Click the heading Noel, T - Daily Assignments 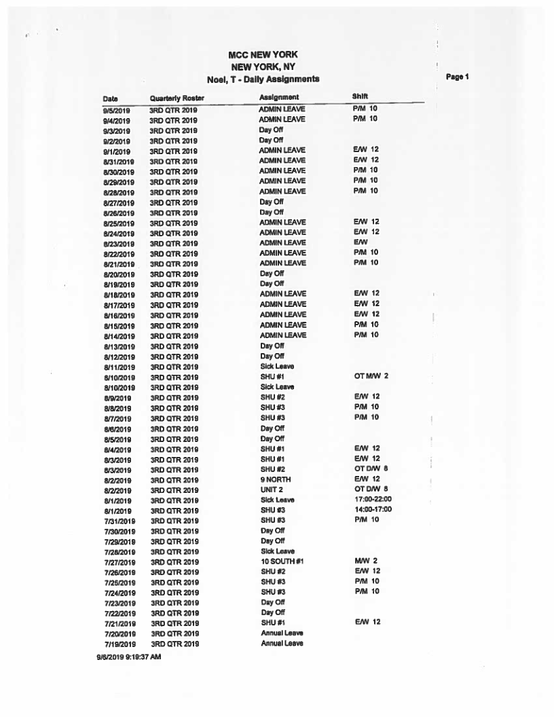click(x=263, y=79)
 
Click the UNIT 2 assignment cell click(x=272, y=490)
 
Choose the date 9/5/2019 click(x=116, y=109)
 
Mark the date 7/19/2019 click(x=117, y=643)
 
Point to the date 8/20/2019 click(x=117, y=274)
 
